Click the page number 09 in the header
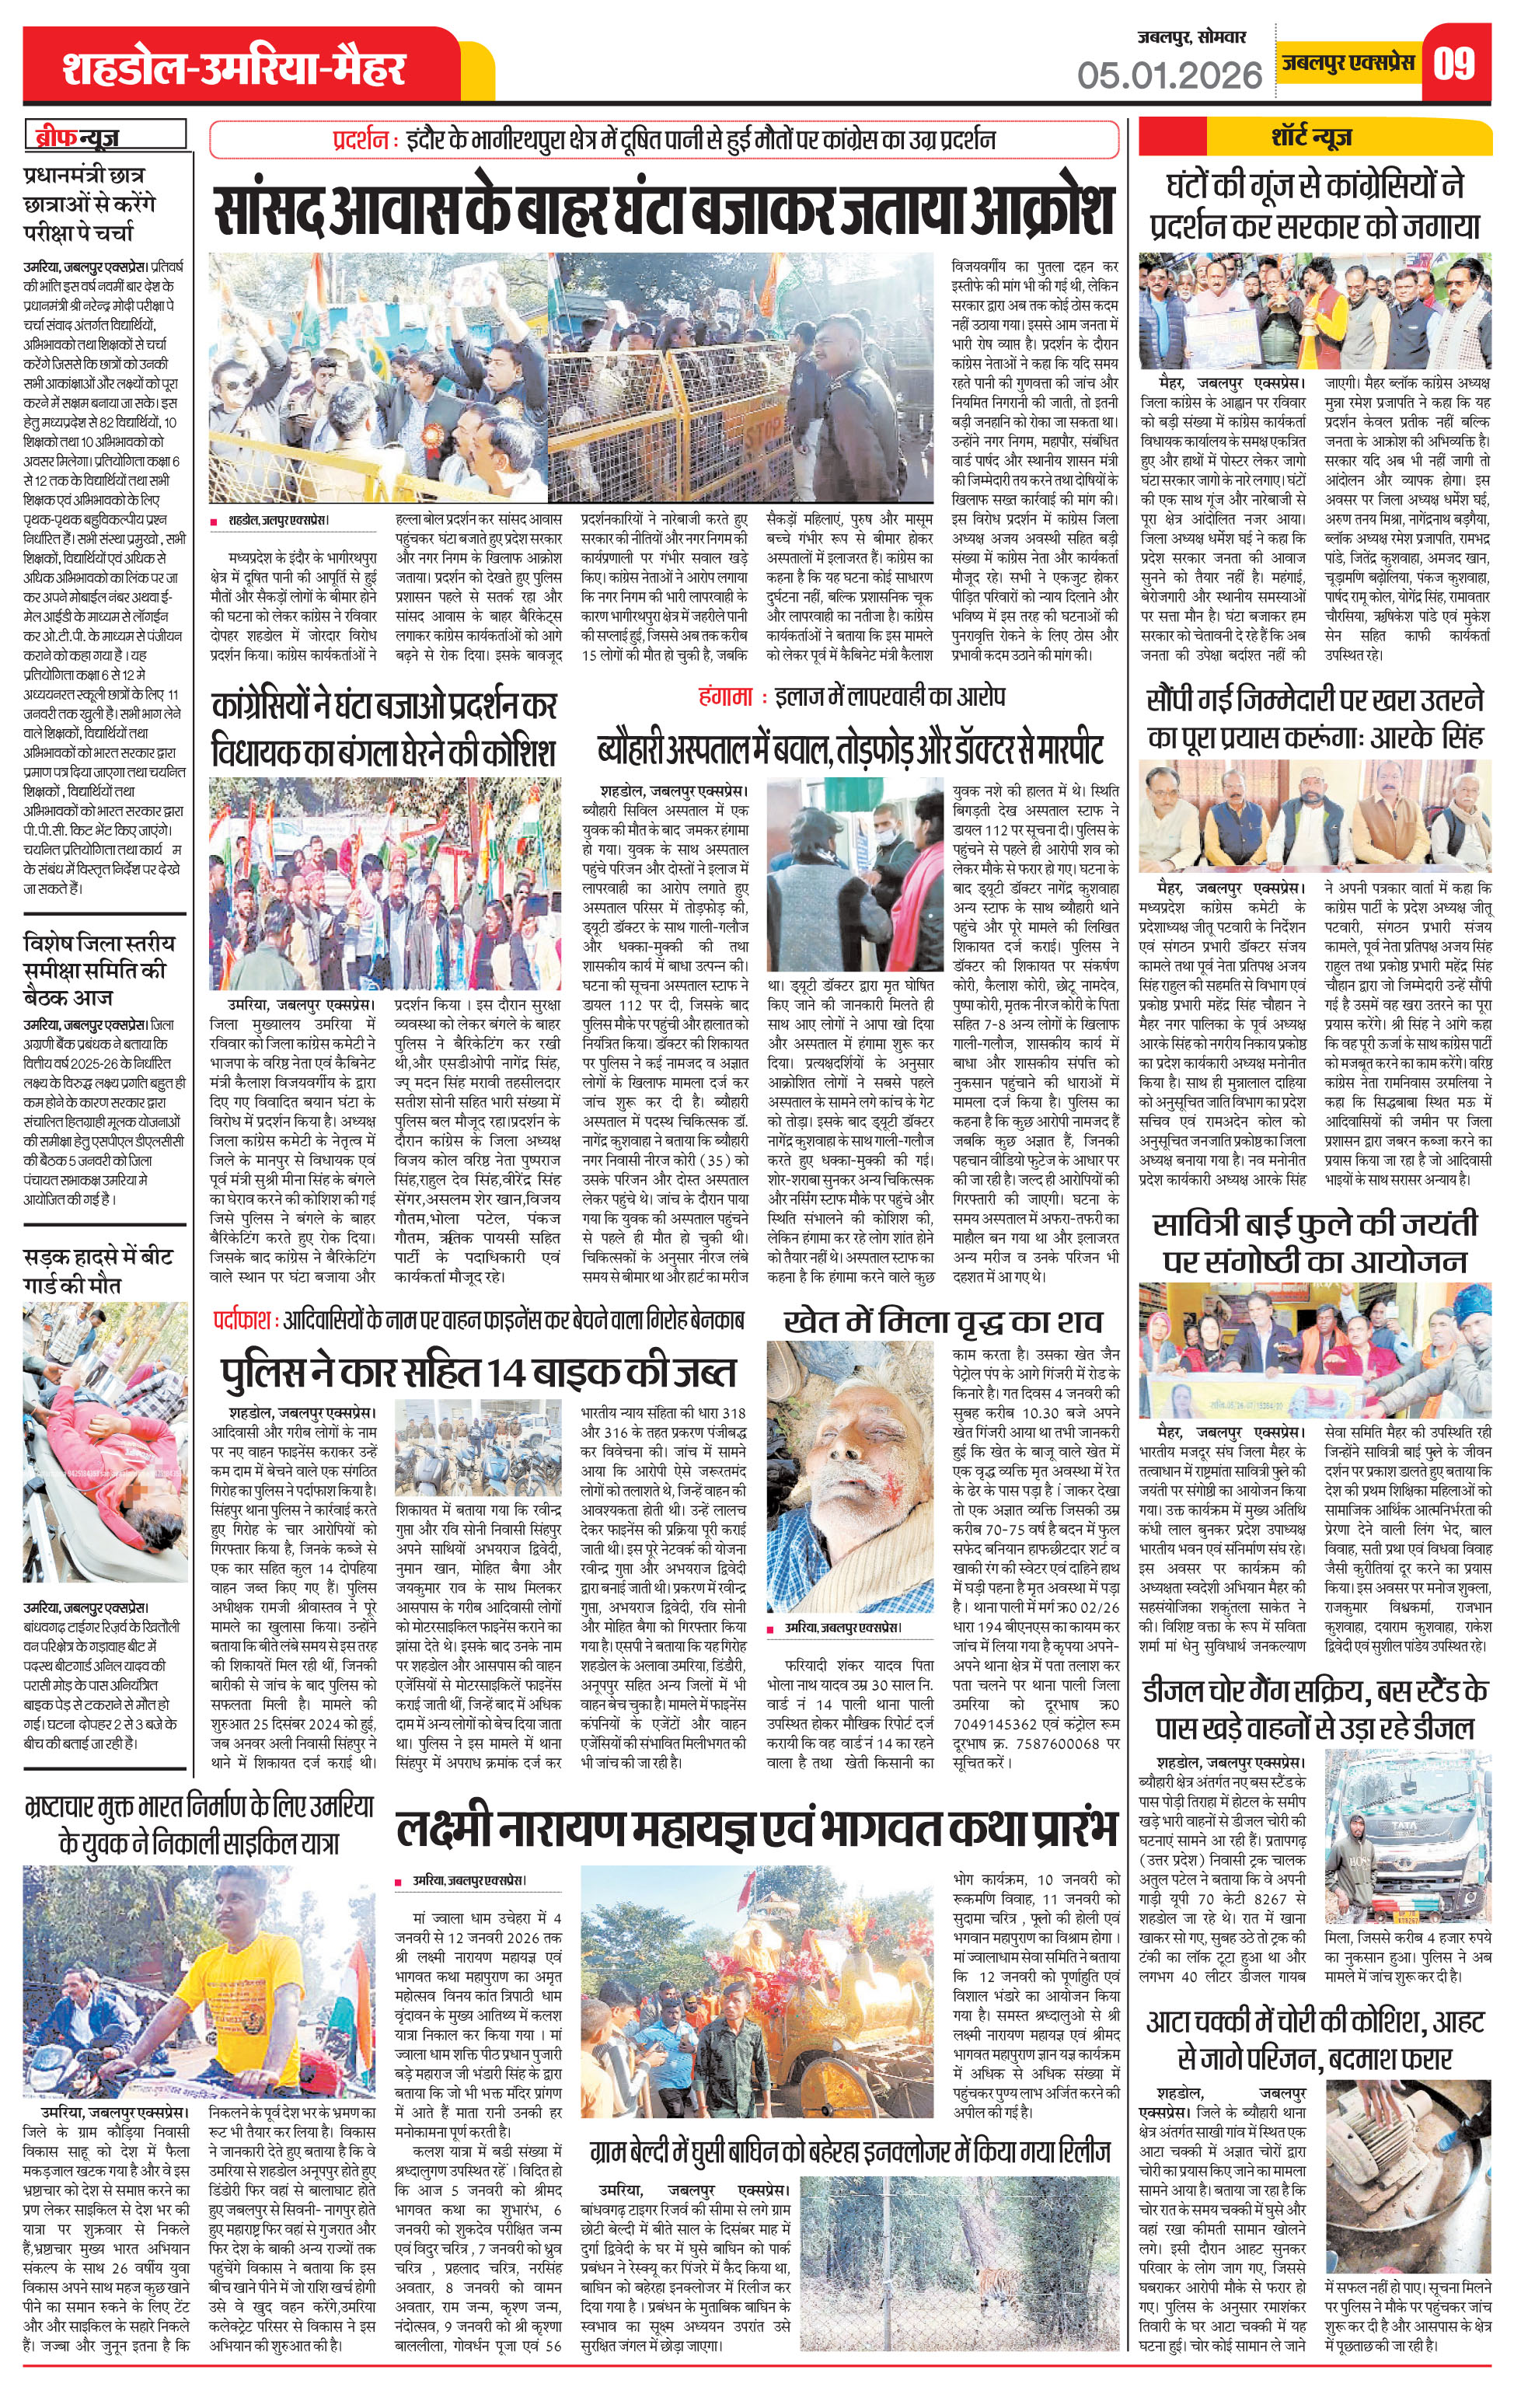(1454, 64)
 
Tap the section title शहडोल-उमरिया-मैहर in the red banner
(234, 68)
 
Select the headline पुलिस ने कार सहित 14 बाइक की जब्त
(479, 1372)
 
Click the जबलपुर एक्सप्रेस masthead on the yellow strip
(1345, 62)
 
